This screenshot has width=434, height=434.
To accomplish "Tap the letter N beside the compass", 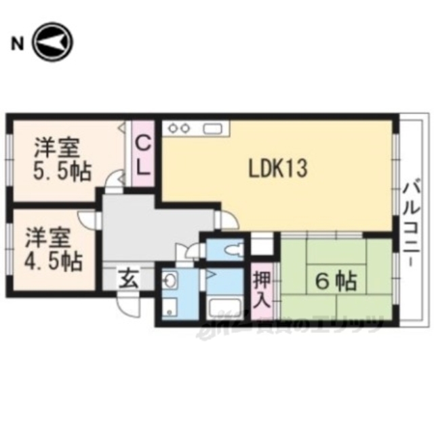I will (15, 45).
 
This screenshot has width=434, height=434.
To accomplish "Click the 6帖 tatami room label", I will (336, 279).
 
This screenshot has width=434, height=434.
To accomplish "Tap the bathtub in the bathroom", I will (224, 309).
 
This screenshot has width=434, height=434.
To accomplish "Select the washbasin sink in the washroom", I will (170, 279).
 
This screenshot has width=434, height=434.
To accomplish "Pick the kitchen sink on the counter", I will (212, 127).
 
